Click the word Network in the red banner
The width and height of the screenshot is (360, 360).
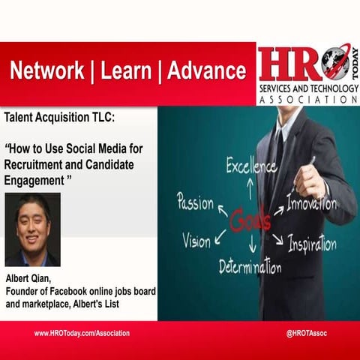pos(46,71)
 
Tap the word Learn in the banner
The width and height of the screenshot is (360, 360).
pos(124,71)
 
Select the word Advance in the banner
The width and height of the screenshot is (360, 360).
pos(206,71)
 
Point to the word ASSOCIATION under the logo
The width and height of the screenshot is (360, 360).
pos(307,98)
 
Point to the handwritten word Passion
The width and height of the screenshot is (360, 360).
pos(194,202)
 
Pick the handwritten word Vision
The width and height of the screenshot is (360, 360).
pos(196,240)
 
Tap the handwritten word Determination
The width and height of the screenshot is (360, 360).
pos(250,265)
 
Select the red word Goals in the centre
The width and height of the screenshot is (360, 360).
pos(250,220)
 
